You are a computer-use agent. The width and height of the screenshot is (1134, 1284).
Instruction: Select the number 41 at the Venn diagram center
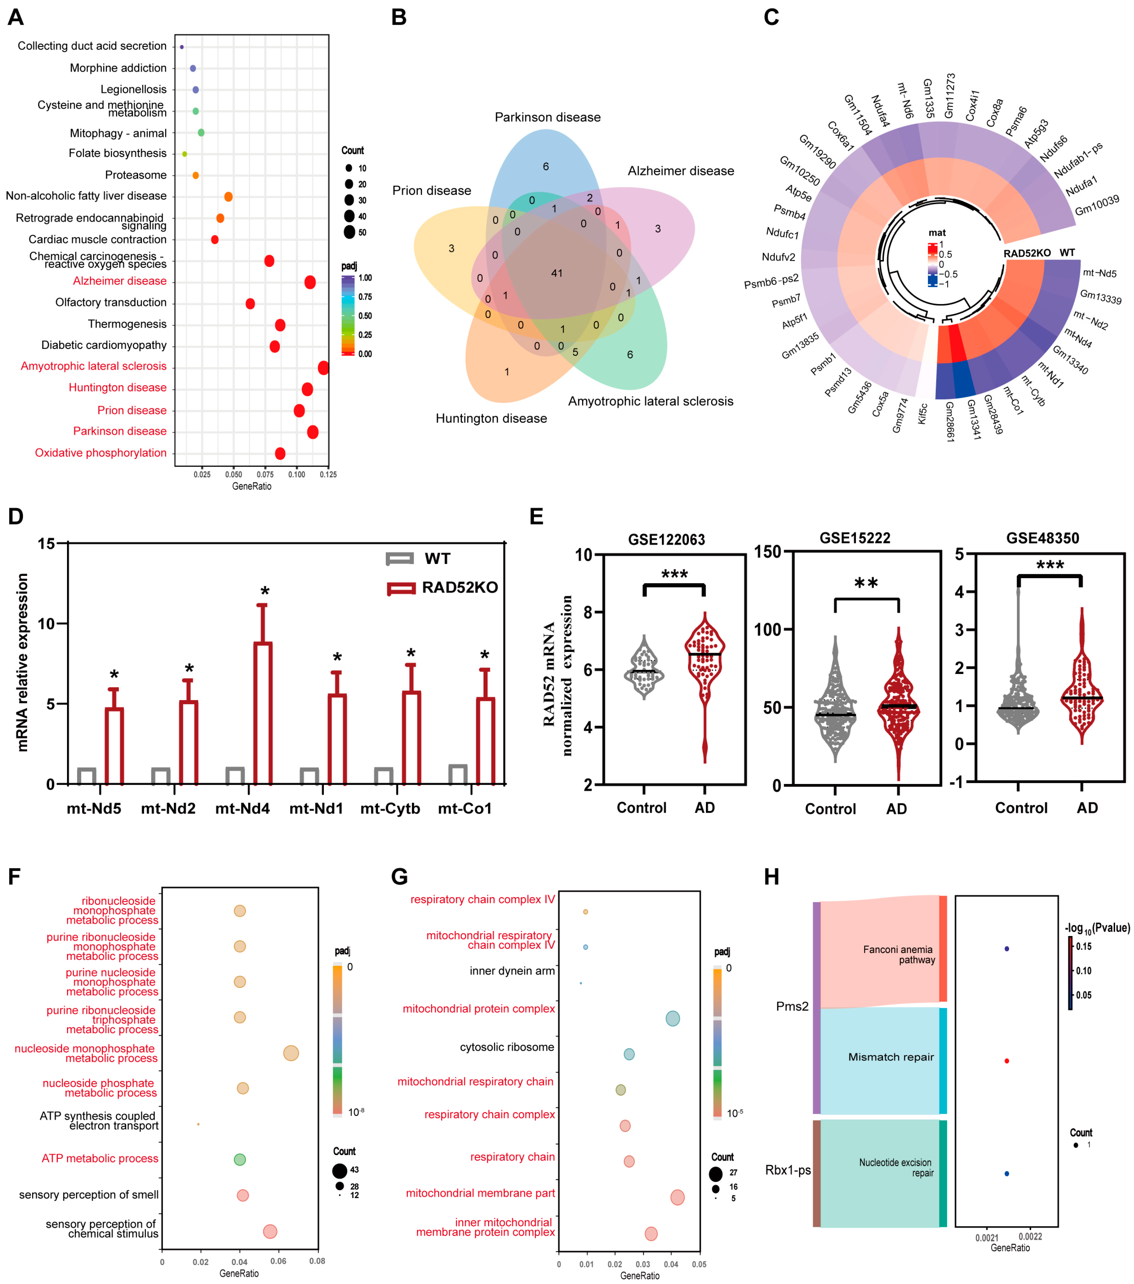556,273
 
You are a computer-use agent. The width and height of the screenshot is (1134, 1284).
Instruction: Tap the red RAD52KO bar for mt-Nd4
263,713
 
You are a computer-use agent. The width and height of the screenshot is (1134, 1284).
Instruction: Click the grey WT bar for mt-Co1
458,775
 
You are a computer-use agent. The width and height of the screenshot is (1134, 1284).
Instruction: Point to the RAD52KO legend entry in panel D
459,587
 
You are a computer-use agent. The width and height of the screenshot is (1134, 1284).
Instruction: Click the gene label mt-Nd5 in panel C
1099,273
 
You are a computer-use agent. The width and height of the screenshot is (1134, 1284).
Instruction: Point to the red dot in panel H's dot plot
1006,1061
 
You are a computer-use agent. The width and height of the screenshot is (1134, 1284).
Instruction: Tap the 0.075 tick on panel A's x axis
265,474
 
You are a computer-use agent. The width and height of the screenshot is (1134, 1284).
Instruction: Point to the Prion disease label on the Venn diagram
431,190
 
